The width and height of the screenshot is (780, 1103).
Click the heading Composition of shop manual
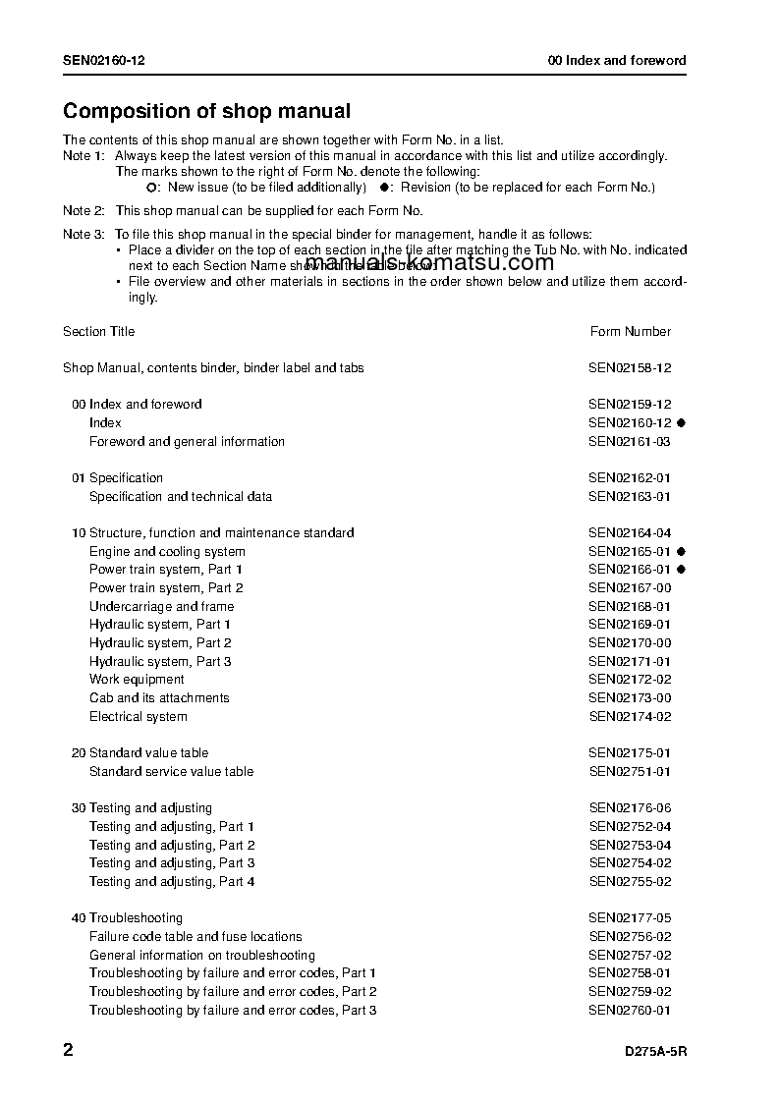(x=206, y=112)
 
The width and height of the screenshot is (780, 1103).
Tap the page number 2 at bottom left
(x=68, y=1050)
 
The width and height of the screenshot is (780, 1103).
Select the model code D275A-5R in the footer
(x=655, y=1051)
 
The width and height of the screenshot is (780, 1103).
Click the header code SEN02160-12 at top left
(x=104, y=60)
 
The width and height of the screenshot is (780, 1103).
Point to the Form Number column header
(x=631, y=331)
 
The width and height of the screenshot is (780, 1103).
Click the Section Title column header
(x=99, y=331)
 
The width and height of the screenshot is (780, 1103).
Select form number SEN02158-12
(x=630, y=367)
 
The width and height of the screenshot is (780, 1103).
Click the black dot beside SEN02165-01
(x=680, y=552)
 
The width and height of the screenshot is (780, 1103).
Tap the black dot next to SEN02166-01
(x=680, y=570)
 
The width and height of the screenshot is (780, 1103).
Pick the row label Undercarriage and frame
(x=161, y=606)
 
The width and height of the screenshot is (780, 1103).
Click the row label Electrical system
(x=139, y=716)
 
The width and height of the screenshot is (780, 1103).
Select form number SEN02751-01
(x=630, y=771)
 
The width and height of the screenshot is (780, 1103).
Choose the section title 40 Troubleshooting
(x=127, y=917)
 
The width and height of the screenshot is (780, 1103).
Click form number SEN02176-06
(x=630, y=807)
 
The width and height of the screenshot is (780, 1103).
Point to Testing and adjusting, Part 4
(x=172, y=881)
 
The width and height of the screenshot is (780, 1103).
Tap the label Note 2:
(x=84, y=210)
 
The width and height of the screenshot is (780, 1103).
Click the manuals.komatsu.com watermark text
(x=429, y=262)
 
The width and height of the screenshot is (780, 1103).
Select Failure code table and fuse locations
(x=195, y=936)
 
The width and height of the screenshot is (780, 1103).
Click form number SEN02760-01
(x=630, y=1010)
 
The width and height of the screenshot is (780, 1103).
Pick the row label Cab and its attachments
(x=159, y=697)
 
